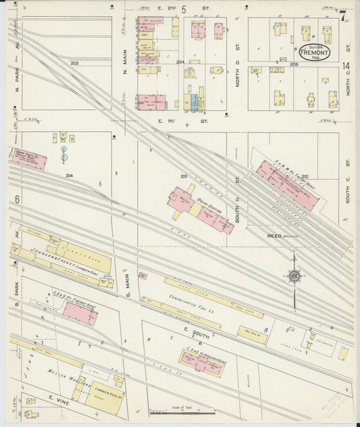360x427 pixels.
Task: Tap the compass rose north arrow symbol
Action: tap(294, 276)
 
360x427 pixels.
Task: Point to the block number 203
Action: tap(74, 63)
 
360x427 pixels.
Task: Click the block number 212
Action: tap(305, 176)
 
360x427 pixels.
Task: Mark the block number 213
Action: tap(183, 176)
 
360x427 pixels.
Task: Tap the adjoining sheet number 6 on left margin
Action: tap(15, 201)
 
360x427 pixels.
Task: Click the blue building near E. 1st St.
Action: tap(195, 102)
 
